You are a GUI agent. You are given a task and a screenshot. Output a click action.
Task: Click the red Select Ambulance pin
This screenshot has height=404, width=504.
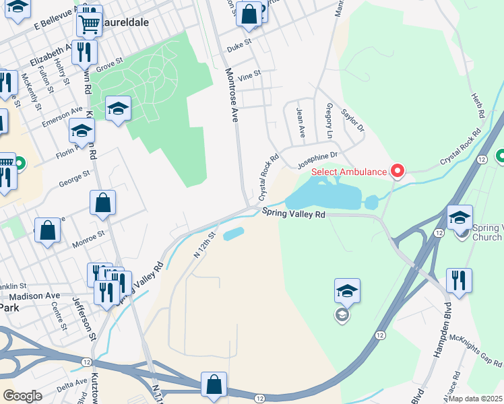[x=398, y=171]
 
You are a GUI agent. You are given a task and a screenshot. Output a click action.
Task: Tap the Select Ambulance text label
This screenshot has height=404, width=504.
[x=350, y=172]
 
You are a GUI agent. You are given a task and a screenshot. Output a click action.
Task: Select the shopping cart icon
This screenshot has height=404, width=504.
[x=89, y=24]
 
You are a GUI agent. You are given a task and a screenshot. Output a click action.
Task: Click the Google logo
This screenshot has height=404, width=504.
[x=22, y=396]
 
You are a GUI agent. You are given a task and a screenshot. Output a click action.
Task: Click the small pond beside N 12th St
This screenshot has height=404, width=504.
[x=232, y=234]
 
